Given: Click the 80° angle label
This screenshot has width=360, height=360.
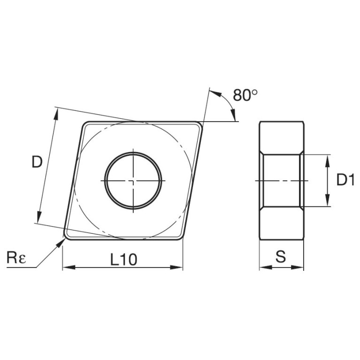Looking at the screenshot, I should pyautogui.click(x=245, y=96).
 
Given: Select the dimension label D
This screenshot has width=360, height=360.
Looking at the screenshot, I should pyautogui.click(x=37, y=162).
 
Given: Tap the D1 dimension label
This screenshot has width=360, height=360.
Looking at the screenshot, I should pyautogui.click(x=345, y=180).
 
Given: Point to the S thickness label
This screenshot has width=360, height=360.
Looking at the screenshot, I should pyautogui.click(x=281, y=257).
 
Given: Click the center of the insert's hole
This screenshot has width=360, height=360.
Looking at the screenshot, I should pyautogui.click(x=134, y=181).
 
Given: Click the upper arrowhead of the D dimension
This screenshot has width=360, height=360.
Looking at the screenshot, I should pyautogui.click(x=56, y=112).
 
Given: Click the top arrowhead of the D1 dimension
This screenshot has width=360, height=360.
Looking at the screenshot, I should pyautogui.click(x=327, y=159).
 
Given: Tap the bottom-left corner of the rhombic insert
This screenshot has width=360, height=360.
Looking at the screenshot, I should pyautogui.click(x=66, y=237).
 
